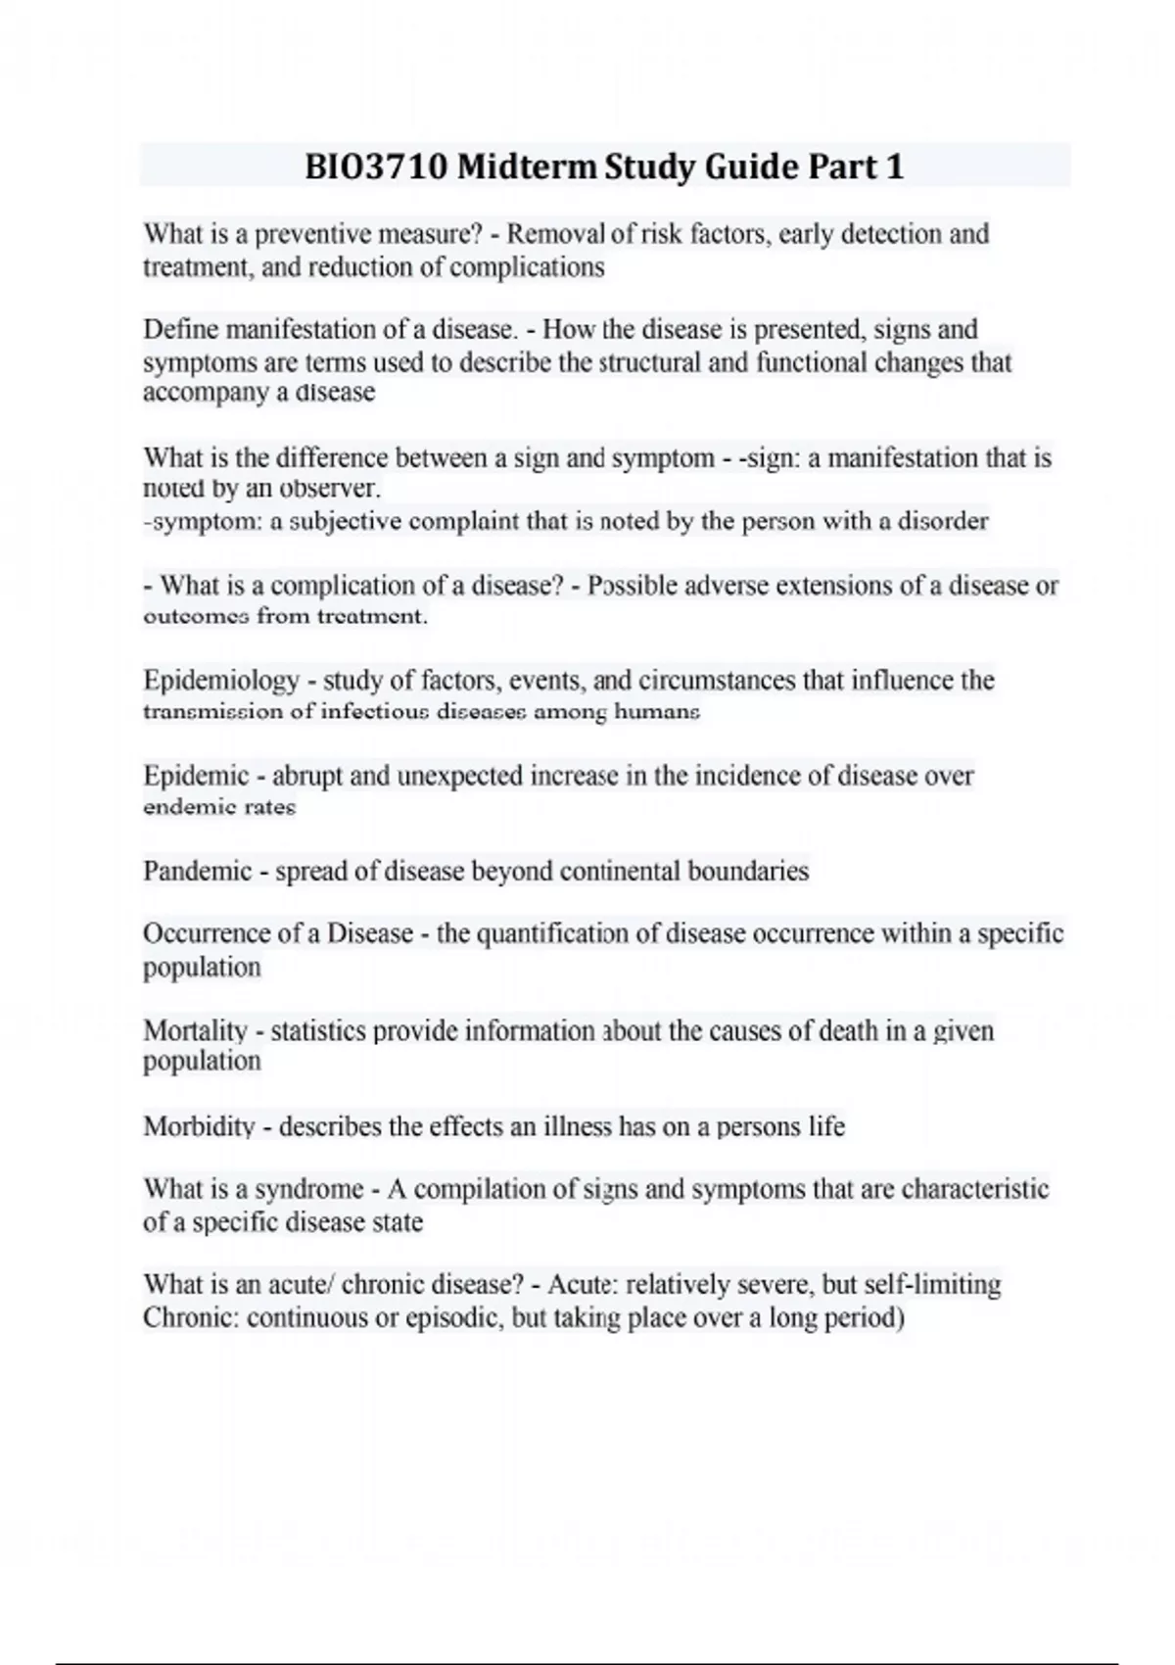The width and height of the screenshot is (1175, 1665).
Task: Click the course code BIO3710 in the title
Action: point(376,167)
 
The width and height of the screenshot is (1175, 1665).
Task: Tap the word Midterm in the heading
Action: point(526,167)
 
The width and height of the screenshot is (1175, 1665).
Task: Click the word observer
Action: point(330,488)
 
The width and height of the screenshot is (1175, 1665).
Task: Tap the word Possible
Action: point(636,586)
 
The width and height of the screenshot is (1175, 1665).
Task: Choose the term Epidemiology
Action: point(221,680)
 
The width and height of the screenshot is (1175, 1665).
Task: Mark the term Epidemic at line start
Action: point(196,776)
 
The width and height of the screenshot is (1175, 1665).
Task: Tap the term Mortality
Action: point(196,1030)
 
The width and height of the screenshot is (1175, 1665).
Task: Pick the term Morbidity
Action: point(199,1126)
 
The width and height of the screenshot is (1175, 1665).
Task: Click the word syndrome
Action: point(309,1189)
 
